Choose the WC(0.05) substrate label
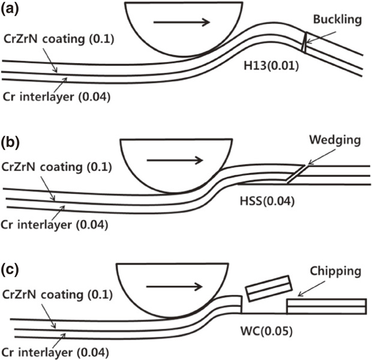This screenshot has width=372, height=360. coord(260,329)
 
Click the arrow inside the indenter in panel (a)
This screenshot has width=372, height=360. coord(181,23)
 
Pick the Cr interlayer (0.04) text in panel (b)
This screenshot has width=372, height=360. coord(57,225)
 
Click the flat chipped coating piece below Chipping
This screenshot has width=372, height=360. coord(326,305)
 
